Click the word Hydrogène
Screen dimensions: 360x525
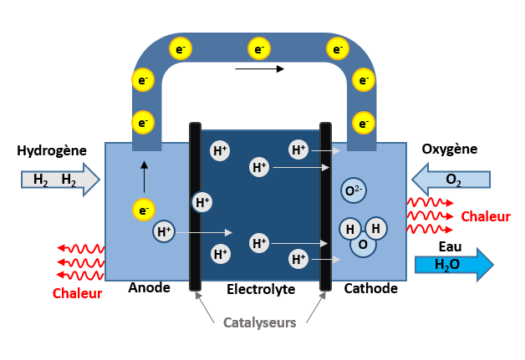51,150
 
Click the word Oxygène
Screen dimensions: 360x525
449,150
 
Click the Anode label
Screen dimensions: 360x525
150,288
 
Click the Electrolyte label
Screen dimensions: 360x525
261,289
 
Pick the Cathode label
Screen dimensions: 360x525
371,288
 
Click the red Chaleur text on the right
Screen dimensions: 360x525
486,217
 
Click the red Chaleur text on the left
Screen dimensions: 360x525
77,293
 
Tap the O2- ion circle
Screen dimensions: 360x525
354,191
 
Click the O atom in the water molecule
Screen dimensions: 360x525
363,245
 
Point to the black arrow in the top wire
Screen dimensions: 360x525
260,68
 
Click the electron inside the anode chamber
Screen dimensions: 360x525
144,209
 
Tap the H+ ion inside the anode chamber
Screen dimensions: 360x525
163,231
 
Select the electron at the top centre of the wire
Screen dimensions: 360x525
260,49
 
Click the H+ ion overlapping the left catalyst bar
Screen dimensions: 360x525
201,201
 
